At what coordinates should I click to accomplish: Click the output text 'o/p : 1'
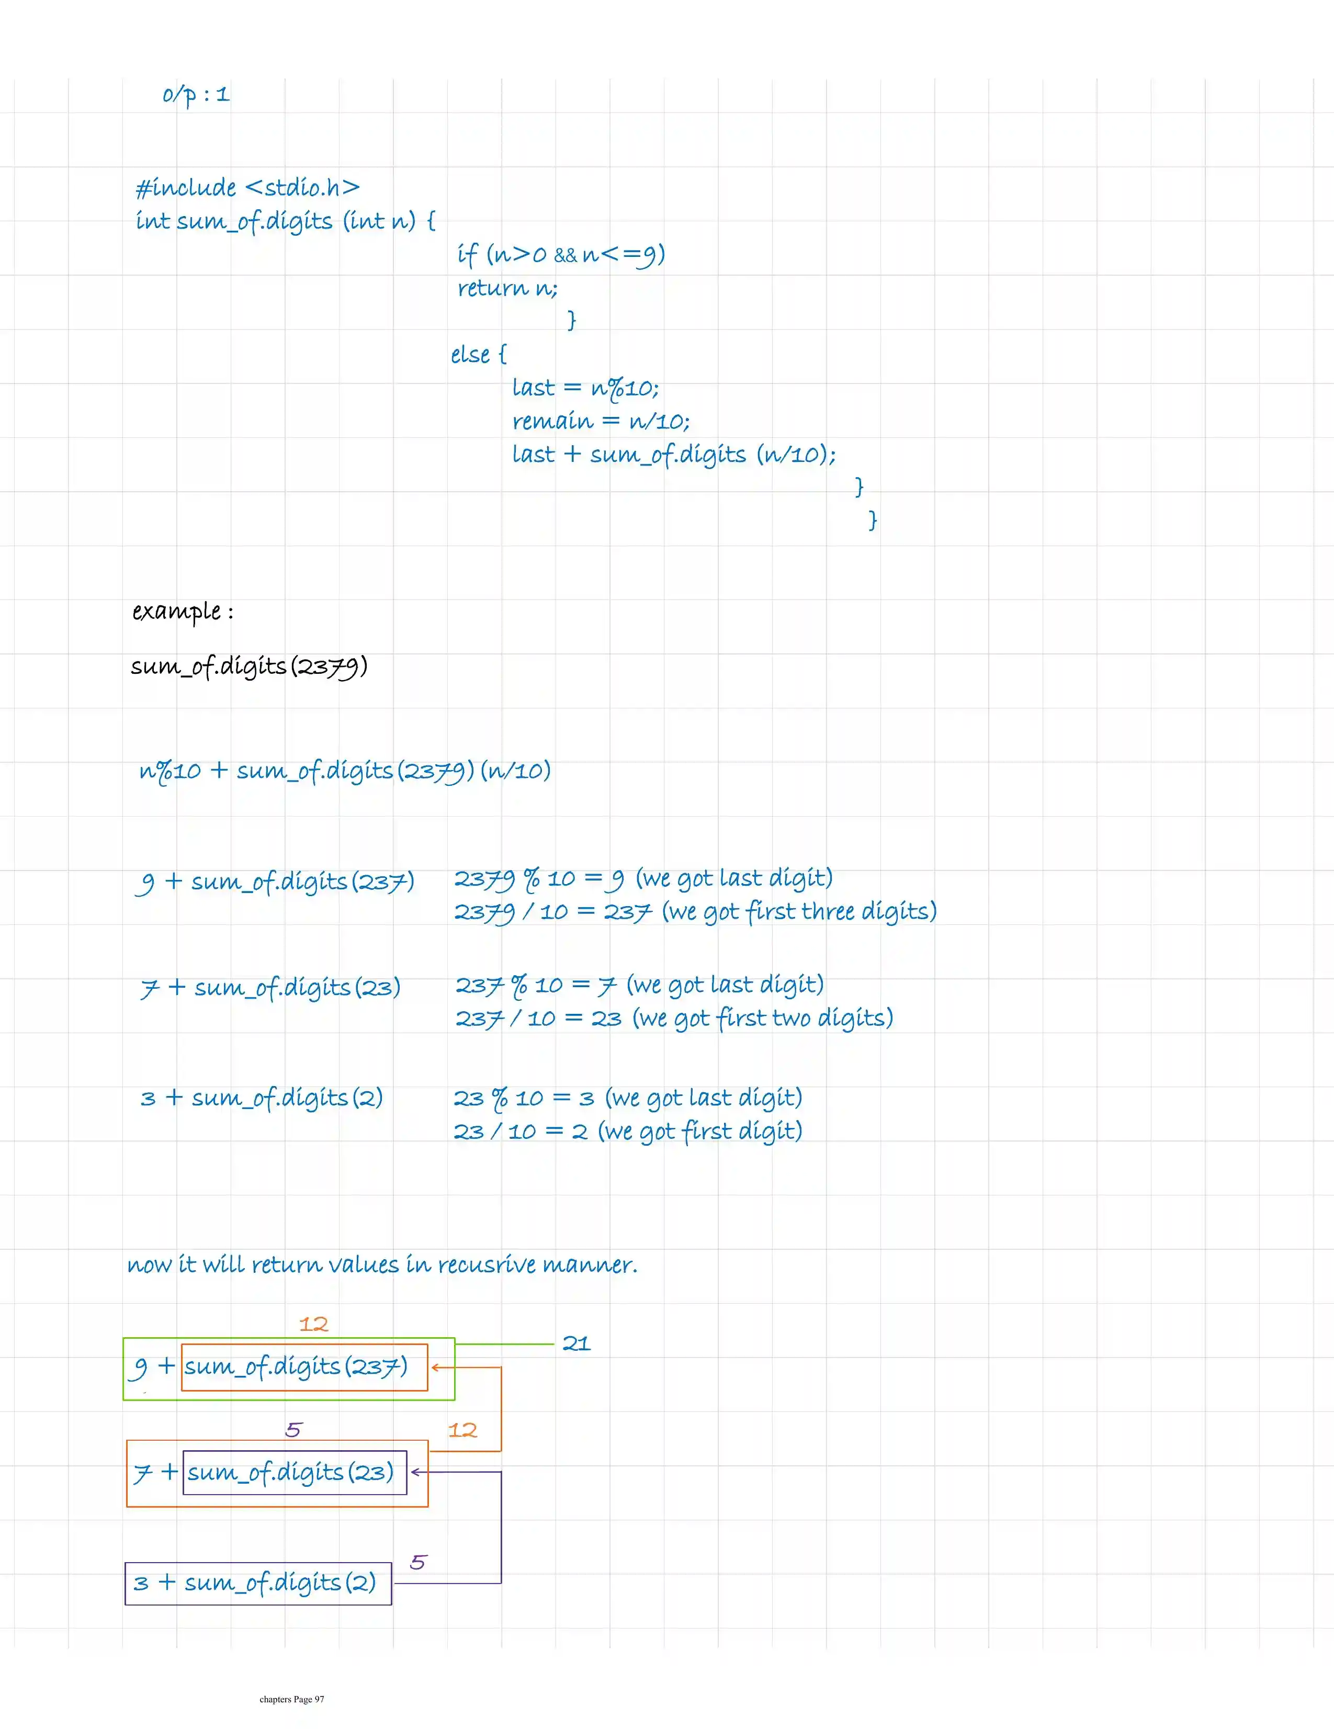point(196,95)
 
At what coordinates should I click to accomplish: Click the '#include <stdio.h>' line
point(247,188)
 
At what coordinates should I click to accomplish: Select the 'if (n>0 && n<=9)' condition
point(560,254)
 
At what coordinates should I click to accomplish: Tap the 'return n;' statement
point(507,288)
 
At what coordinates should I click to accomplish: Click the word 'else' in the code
point(470,355)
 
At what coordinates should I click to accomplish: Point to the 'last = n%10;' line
point(585,388)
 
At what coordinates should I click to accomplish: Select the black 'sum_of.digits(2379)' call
point(248,666)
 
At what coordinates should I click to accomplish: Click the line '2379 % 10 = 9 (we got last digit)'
point(643,879)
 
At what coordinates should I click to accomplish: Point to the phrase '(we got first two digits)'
point(762,1018)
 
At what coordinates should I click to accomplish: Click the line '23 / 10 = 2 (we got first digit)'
point(628,1131)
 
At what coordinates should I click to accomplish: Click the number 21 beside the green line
point(576,1343)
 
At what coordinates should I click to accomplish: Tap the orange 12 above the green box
point(313,1324)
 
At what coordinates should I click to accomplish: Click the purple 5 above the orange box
point(293,1430)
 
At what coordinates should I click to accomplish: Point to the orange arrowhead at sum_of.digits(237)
point(435,1367)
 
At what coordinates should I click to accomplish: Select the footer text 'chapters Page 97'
point(291,1699)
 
